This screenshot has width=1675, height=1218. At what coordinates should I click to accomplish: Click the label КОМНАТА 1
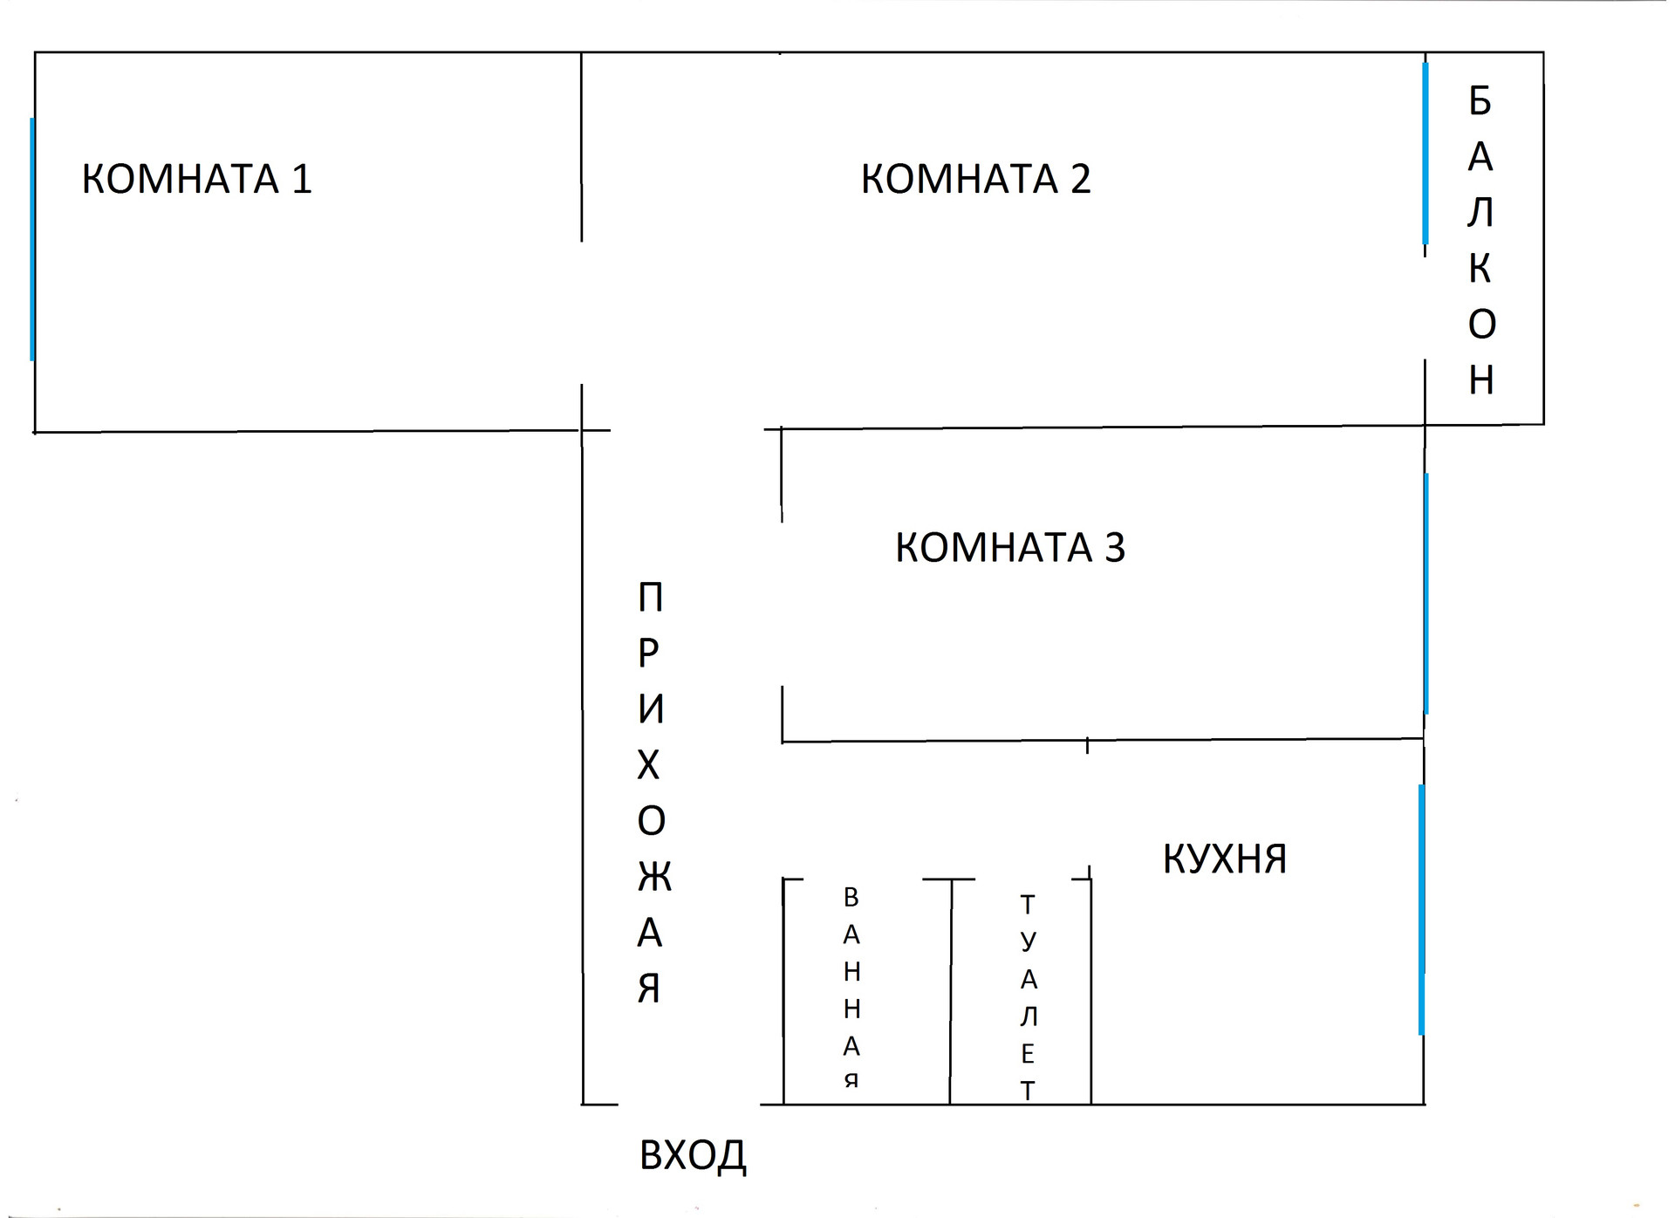pyautogui.click(x=196, y=179)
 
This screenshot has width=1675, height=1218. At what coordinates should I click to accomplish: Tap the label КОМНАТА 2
pyautogui.click(x=975, y=179)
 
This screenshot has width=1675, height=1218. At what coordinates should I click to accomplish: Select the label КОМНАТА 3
pyautogui.click(x=1010, y=548)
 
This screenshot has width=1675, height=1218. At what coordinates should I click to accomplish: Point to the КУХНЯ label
pyautogui.click(x=1225, y=859)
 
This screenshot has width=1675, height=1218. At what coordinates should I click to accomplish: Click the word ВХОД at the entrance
pyautogui.click(x=693, y=1155)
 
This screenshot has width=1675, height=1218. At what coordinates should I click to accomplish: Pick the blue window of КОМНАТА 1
pyautogui.click(x=32, y=239)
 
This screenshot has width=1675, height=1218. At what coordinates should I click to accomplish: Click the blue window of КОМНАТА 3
pyautogui.click(x=1426, y=593)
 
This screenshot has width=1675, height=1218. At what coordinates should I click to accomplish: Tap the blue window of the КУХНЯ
pyautogui.click(x=1421, y=909)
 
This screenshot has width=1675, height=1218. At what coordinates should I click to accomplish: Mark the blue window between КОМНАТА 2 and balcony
pyautogui.click(x=1425, y=154)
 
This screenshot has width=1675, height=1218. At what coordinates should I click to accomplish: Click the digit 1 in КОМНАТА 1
pyautogui.click(x=302, y=179)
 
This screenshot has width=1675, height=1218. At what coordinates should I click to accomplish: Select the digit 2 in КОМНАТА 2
pyautogui.click(x=1080, y=179)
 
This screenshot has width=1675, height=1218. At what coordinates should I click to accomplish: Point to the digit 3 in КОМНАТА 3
pyautogui.click(x=1115, y=548)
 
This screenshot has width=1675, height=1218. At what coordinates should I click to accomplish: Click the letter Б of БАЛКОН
pyautogui.click(x=1480, y=101)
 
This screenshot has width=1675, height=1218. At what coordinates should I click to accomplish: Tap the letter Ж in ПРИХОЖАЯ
pyautogui.click(x=653, y=877)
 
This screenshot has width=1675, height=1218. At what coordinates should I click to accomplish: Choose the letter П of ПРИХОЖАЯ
pyautogui.click(x=651, y=598)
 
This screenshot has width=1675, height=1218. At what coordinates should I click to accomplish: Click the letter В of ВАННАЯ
pyautogui.click(x=851, y=897)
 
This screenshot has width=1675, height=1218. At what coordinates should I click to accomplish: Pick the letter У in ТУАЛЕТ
pyautogui.click(x=1029, y=941)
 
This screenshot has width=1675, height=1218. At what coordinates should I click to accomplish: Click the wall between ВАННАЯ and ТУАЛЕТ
pyautogui.click(x=950, y=995)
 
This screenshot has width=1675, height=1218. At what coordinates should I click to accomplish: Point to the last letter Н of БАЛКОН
pyautogui.click(x=1481, y=380)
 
